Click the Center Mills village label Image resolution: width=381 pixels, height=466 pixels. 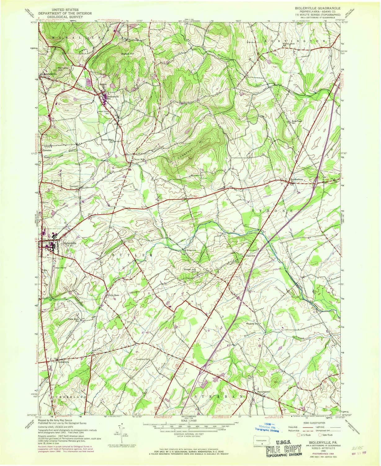(x=139, y=160)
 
